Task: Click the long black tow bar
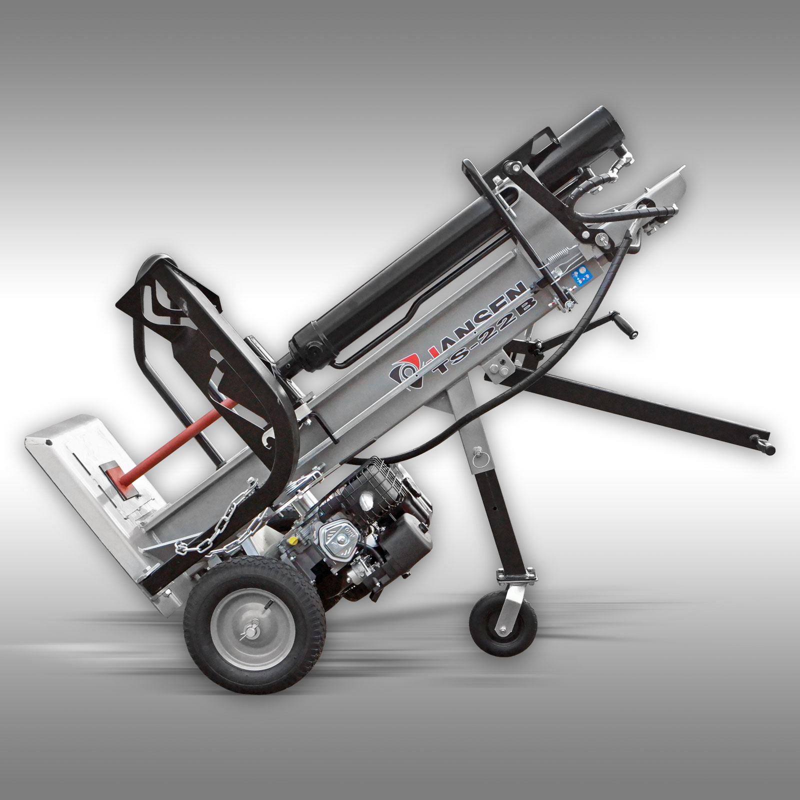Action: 650,400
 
